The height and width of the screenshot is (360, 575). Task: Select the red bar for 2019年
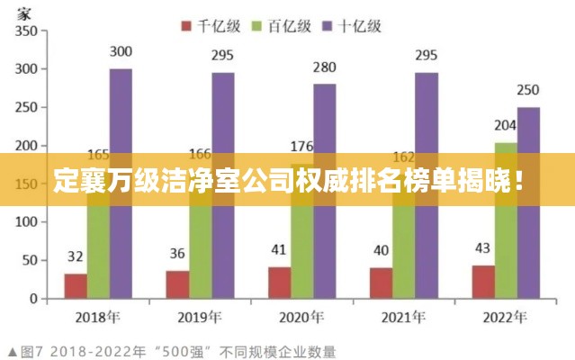pos(177,284)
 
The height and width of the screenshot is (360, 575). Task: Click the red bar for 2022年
pos(483,282)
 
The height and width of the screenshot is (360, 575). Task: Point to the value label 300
pos(121,51)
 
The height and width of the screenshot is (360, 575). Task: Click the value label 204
pos(506,126)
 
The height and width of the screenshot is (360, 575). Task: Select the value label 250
pos(529,90)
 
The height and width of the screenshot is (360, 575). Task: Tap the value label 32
pos(76,256)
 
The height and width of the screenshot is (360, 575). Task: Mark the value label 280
pos(325,67)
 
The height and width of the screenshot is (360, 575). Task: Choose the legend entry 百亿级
pos(285,26)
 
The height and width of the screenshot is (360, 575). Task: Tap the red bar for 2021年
pos(381,283)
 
